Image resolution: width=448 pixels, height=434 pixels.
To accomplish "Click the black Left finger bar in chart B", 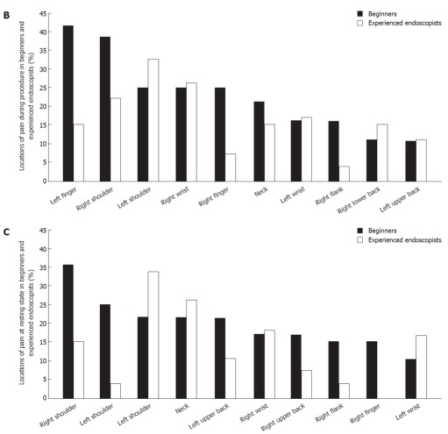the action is click(68, 103).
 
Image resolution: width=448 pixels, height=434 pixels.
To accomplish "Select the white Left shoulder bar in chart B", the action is click(153, 120).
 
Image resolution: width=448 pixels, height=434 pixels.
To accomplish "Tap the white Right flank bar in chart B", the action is click(344, 174).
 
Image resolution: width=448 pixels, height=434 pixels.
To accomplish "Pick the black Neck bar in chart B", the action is click(259, 141).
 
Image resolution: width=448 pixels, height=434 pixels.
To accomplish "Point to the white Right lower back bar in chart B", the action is click(382, 153).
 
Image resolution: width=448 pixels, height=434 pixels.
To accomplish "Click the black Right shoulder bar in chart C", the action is click(68, 331).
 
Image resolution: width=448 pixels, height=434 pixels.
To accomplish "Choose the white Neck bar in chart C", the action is click(191, 349).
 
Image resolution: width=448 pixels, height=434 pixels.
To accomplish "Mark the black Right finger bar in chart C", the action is click(372, 370).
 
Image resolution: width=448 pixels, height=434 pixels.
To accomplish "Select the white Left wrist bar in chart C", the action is click(421, 366).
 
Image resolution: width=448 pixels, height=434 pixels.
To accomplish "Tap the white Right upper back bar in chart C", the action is click(306, 384).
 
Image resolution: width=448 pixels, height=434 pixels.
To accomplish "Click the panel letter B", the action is click(6, 15).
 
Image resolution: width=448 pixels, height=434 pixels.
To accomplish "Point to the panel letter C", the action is click(6, 232).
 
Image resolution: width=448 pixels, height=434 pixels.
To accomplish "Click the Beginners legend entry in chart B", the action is click(377, 14).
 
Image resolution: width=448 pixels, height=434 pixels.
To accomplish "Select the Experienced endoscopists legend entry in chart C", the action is click(399, 240).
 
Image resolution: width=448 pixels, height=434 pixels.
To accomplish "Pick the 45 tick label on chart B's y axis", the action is click(43, 13).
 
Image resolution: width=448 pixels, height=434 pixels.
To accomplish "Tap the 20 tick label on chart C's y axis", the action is click(43, 324).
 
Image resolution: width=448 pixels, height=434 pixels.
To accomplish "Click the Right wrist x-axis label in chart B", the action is click(175, 196).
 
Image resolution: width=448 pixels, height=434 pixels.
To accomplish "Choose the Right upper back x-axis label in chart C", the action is click(283, 417).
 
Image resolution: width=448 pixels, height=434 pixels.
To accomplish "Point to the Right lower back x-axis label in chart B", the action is click(359, 200).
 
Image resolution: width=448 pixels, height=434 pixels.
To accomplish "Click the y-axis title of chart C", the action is click(26, 313).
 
